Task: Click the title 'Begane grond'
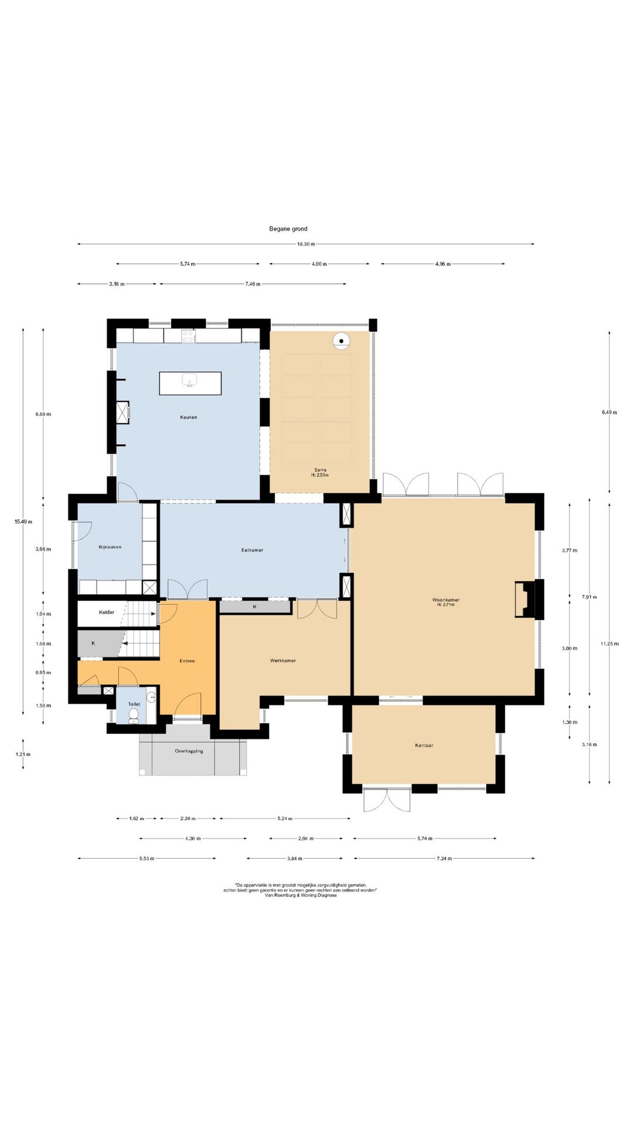pos(288,229)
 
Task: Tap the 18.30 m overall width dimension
pos(305,244)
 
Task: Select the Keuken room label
pos(188,417)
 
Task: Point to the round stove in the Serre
pos(341,341)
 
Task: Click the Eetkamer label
pos(252,550)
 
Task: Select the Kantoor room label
pos(424,746)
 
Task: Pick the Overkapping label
pos(189,751)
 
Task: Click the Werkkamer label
pos(283,661)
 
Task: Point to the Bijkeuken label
pos(110,547)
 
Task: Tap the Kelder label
pos(107,612)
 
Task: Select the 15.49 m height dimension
pos(23,522)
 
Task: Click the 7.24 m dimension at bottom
pos(444,859)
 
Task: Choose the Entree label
pos(187,662)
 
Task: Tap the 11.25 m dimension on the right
pos(610,644)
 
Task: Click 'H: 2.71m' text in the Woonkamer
pos(445,605)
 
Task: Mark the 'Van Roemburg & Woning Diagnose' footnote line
pos(301,895)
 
